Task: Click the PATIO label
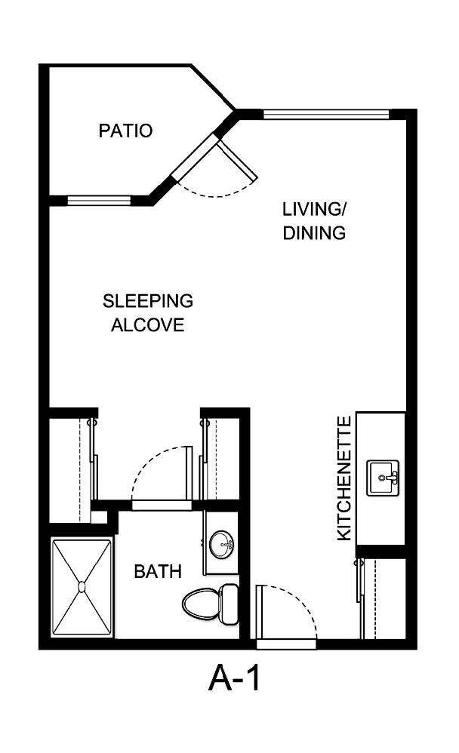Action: coord(125,131)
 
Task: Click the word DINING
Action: coord(314,233)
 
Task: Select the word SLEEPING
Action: coord(148,301)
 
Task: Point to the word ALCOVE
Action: coord(148,326)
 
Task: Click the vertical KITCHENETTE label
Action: coord(344,478)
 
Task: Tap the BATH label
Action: coord(158,572)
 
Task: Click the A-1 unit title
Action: coord(234,679)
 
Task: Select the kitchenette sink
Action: coord(384,478)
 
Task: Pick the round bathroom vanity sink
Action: coord(222,542)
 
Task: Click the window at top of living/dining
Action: coord(325,115)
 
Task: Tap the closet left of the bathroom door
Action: coord(72,464)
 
